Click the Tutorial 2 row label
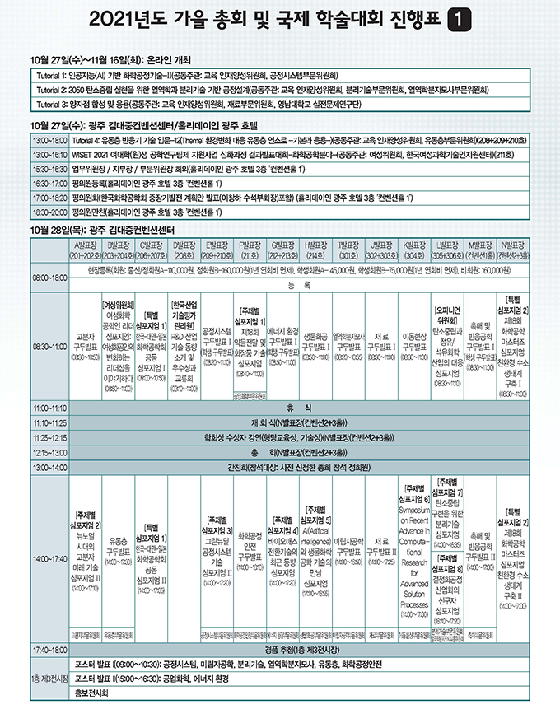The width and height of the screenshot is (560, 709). click(x=51, y=89)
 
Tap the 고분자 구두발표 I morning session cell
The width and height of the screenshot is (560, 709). click(x=87, y=346)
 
